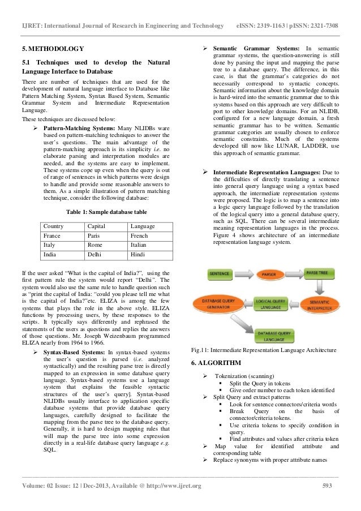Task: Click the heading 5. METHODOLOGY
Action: pos(53,48)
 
